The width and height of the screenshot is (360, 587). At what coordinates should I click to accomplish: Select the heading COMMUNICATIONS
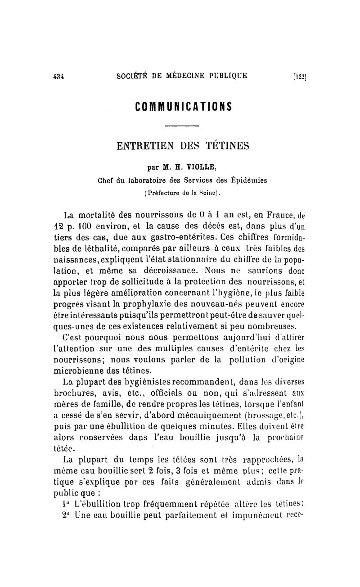183,106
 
